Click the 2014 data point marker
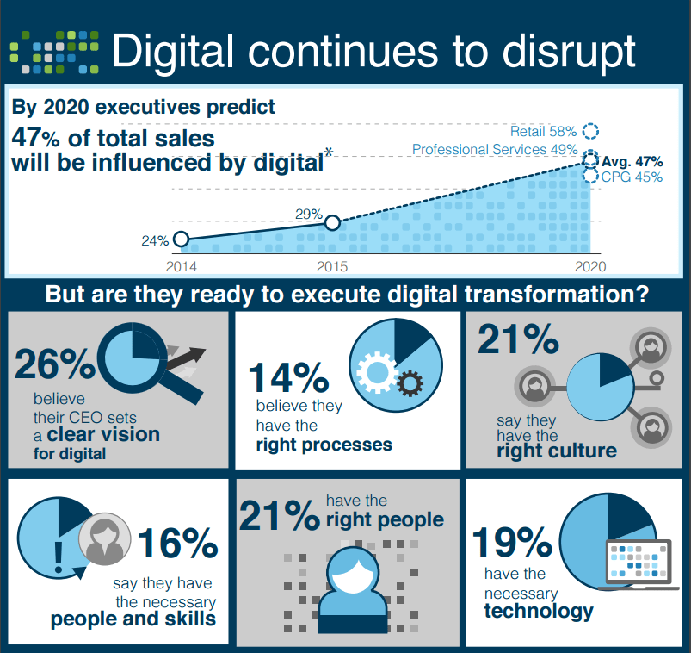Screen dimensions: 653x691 (181, 239)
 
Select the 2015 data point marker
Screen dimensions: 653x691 (333, 223)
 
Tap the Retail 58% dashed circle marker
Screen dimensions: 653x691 (590, 131)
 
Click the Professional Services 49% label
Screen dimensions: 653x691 (495, 150)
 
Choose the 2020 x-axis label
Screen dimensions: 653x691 (590, 266)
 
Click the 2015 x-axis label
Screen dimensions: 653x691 (331, 266)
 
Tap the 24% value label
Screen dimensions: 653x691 (156, 240)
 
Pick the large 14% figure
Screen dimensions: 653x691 (288, 378)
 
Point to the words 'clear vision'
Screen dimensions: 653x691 (104, 434)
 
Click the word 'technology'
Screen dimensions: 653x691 (539, 611)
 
